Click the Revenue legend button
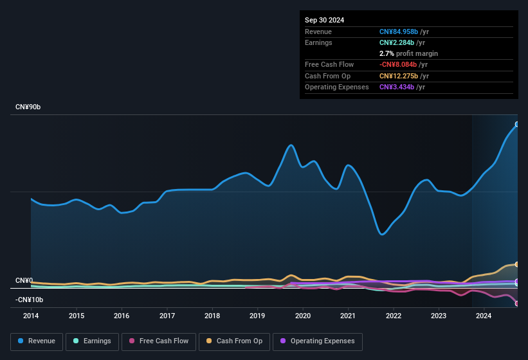pos(37,341)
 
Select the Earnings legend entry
pos(92,341)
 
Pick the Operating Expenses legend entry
pos(318,341)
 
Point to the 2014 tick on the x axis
pos(31,316)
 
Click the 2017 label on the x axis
pos(167,316)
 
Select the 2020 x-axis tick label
pos(303,316)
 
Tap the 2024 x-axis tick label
pos(484,316)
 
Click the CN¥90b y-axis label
pos(28,107)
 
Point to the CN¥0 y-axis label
pos(24,280)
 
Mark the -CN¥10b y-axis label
pos(30,300)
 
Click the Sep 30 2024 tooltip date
pos(324,20)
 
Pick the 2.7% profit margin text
pos(408,53)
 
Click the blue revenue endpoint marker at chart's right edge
pos(517,124)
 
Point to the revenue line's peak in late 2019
pos(291,145)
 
